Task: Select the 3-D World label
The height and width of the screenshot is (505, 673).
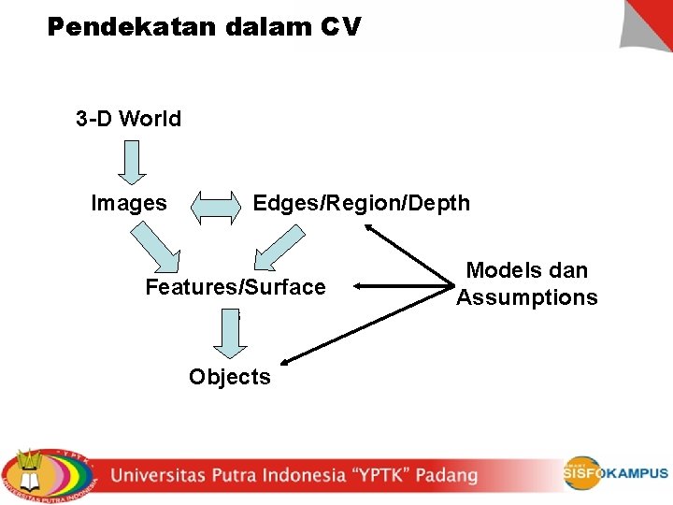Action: (129, 119)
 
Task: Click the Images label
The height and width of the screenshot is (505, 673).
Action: (129, 203)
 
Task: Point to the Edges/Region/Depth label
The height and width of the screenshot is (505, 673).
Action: (362, 203)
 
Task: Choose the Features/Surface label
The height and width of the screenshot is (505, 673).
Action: (236, 287)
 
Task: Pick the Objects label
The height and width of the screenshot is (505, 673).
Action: (230, 377)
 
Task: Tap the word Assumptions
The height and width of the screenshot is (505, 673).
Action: (527, 297)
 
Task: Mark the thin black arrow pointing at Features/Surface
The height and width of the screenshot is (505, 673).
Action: (402, 288)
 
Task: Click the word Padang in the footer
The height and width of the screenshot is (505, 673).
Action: (447, 475)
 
